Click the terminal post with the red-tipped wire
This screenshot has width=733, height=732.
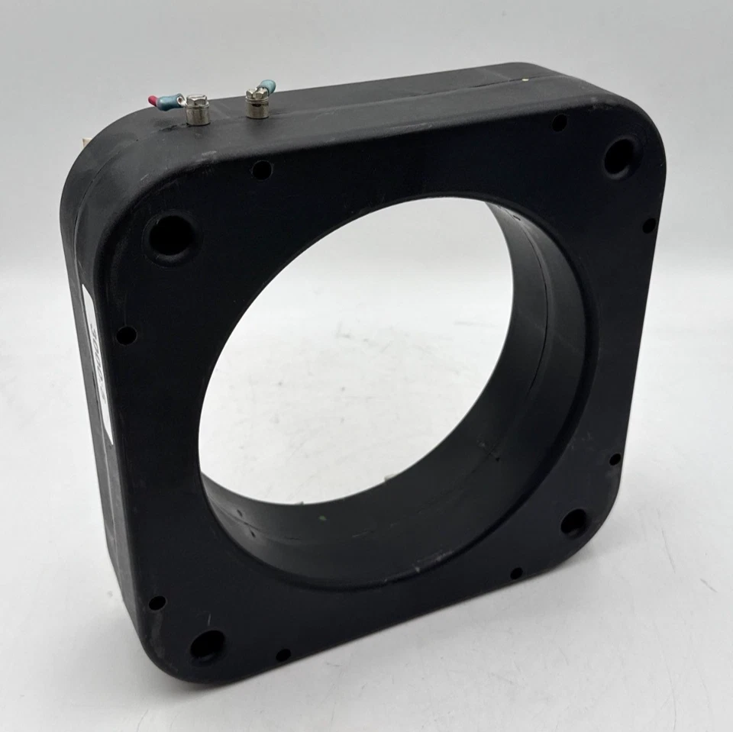pos(197,111)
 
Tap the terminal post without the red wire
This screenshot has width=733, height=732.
pos(257,104)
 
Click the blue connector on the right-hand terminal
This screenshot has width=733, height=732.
pos(267,86)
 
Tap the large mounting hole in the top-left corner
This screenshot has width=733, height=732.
pos(170,235)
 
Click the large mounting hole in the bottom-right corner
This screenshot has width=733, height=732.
pos(573,522)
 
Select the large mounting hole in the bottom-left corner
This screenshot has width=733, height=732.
pos(207,646)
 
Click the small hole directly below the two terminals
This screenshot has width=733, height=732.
pos(261,169)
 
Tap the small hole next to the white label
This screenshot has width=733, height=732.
pos(126,335)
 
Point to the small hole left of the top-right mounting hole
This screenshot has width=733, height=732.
pos(560,122)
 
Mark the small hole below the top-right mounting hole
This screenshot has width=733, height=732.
pos(648,225)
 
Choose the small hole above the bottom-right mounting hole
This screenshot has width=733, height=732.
pos(615,460)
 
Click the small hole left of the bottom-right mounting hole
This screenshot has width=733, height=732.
pos(516,572)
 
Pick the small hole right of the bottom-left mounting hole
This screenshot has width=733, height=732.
pos(283,655)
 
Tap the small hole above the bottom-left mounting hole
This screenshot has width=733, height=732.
pos(157,602)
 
